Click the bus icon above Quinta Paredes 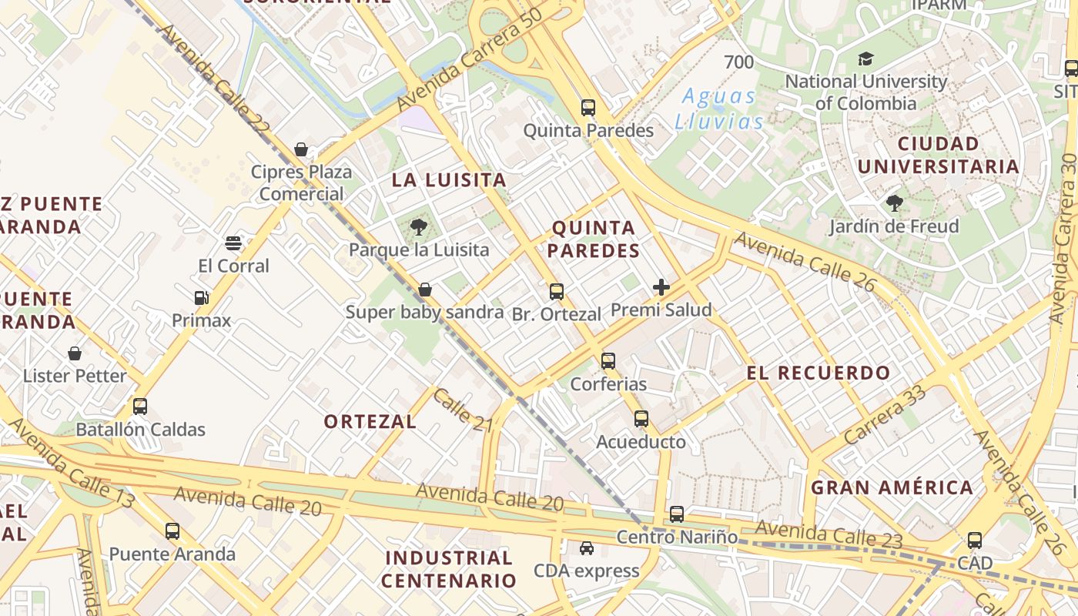(588, 108)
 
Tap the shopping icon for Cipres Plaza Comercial (301, 149)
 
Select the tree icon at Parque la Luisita (419, 226)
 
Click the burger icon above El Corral (233, 244)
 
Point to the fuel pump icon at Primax (201, 297)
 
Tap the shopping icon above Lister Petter (75, 353)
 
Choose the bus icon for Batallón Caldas (140, 407)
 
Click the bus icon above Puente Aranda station (172, 531)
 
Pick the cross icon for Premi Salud (661, 287)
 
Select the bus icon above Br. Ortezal (557, 292)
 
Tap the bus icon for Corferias (608, 360)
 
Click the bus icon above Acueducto (641, 419)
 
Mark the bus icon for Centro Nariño (677, 514)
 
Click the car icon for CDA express (587, 547)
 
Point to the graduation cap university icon (866, 59)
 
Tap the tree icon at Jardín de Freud (894, 203)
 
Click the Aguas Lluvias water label (719, 109)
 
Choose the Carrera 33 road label (885, 414)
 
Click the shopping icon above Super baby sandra (424, 290)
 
